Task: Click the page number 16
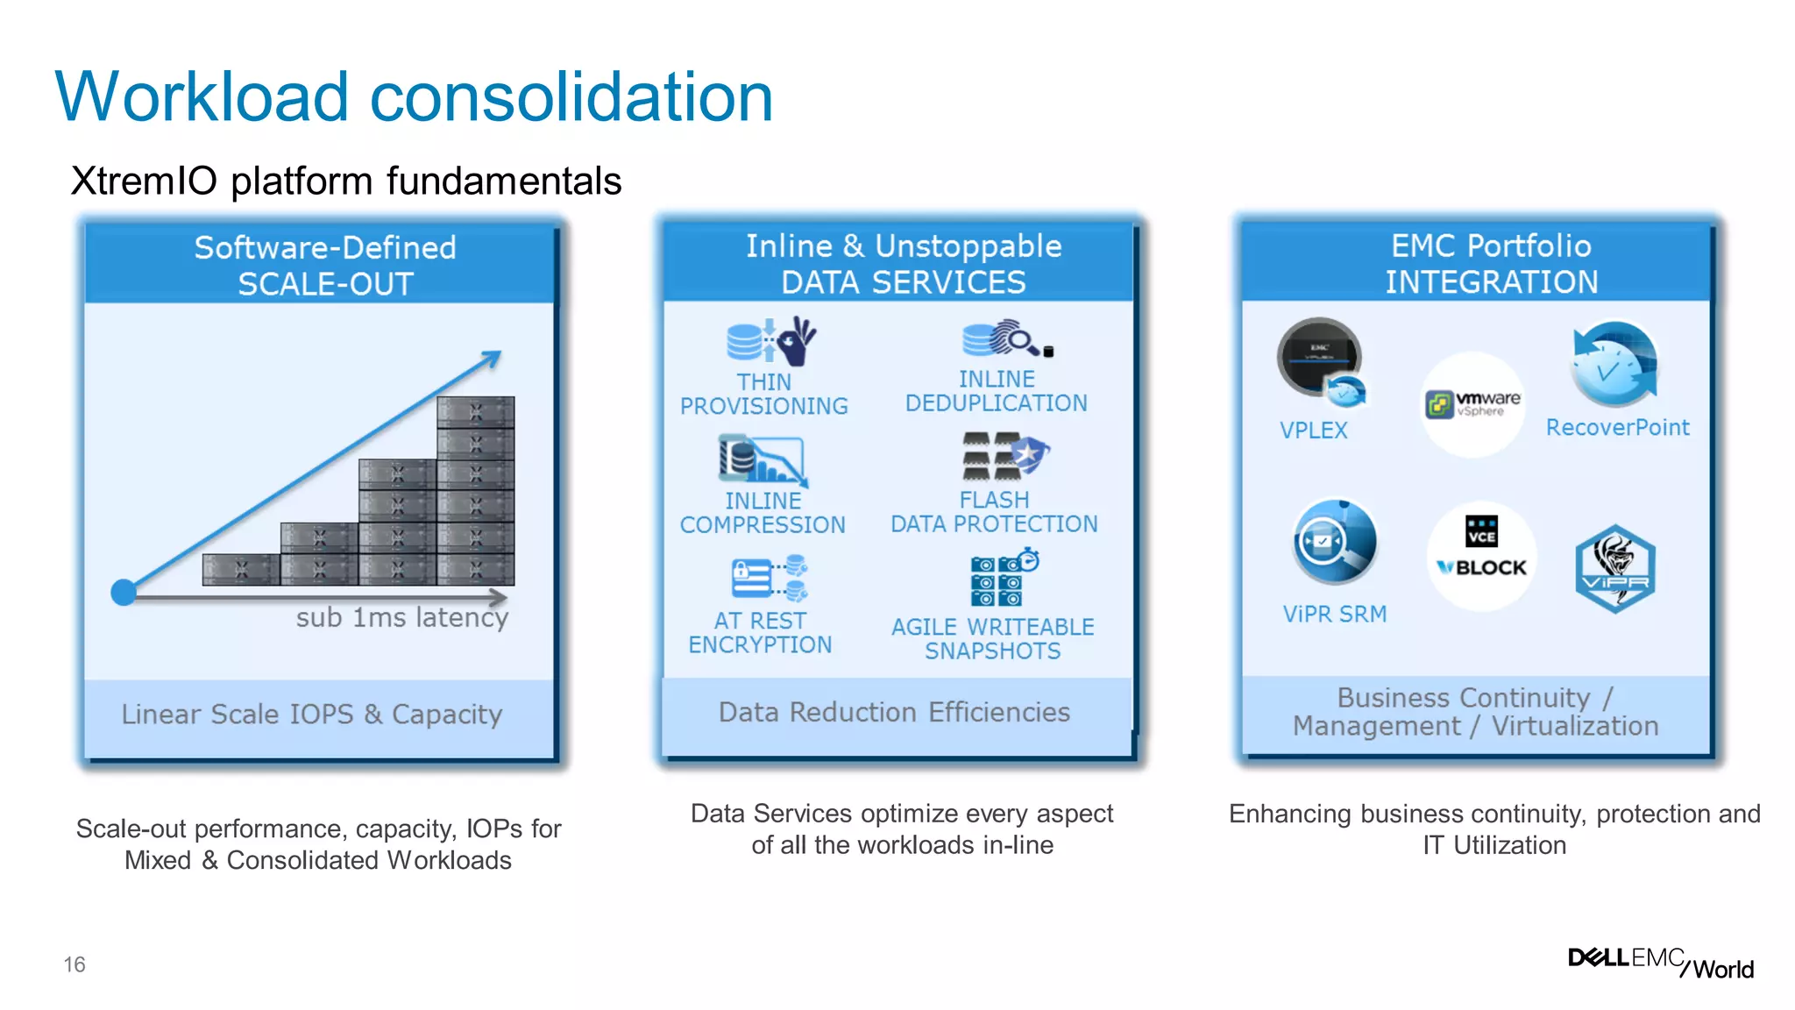(74, 964)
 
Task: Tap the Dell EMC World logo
(1660, 962)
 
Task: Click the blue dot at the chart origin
(124, 593)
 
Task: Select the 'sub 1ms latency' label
(402, 617)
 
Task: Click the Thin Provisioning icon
(770, 341)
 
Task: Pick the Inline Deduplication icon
(1005, 338)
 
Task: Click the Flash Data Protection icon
(1004, 456)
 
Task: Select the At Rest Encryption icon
(769, 579)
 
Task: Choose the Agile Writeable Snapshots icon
(1003, 579)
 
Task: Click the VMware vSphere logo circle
(1472, 404)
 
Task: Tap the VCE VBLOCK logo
(1481, 555)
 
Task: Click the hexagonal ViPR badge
(1614, 568)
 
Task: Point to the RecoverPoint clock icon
(1614, 365)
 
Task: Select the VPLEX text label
(1313, 430)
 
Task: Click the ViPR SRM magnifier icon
(1334, 542)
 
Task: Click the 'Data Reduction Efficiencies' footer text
(894, 712)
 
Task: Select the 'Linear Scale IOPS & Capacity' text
(312, 715)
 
